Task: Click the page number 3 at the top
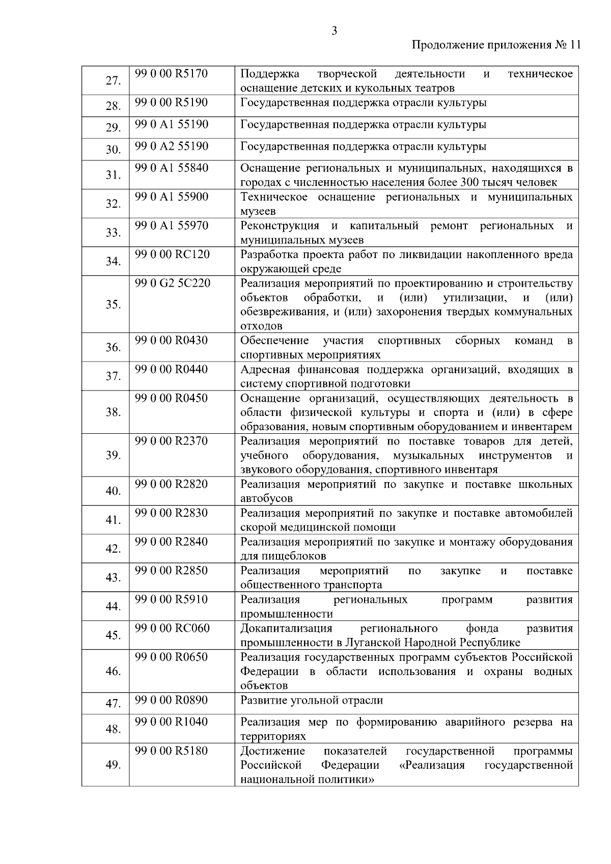click(334, 31)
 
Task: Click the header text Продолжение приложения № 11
click(495, 45)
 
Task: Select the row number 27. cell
click(113, 81)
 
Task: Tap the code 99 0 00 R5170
click(172, 74)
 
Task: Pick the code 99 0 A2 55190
click(172, 147)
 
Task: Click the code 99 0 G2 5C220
click(173, 283)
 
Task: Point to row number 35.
click(113, 304)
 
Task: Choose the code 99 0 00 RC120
click(172, 254)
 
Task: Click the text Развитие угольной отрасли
click(312, 701)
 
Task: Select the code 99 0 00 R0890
click(172, 701)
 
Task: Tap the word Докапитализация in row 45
click(286, 628)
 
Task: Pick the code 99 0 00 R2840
click(172, 542)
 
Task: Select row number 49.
click(113, 765)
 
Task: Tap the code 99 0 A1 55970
click(172, 226)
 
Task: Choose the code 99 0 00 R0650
click(172, 657)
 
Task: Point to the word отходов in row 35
click(261, 326)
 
